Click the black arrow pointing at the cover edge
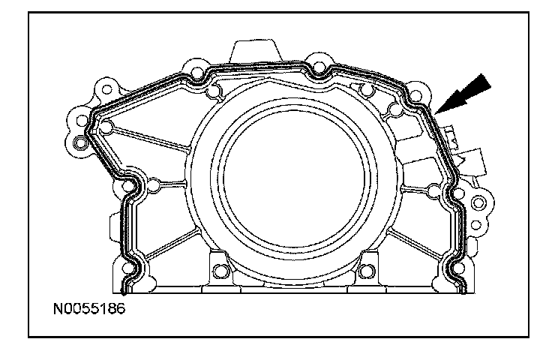(462, 94)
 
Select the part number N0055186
(89, 309)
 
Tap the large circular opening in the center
(294, 178)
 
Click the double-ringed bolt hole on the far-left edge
(80, 142)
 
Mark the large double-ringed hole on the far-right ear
(478, 202)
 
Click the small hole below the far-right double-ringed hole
(475, 224)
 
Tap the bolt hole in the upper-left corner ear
(106, 89)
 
